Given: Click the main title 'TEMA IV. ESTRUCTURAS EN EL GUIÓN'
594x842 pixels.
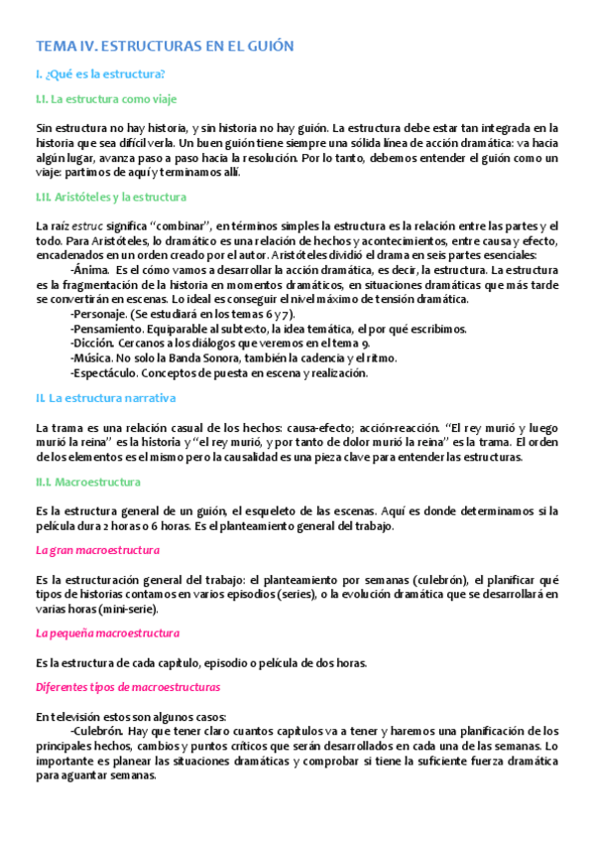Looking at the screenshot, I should (165, 46).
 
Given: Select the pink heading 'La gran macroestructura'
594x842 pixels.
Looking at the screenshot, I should (97, 550).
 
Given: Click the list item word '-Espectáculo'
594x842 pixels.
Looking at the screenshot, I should (104, 373).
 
